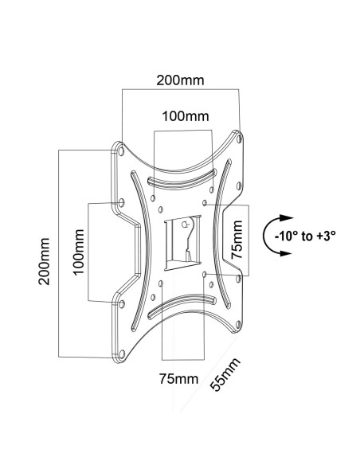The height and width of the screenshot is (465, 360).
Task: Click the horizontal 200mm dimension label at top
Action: (x=180, y=80)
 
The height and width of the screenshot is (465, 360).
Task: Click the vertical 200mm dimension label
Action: (x=44, y=261)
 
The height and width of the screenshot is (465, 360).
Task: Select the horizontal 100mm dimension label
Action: (x=186, y=116)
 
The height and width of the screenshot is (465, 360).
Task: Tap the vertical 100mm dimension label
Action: (x=79, y=252)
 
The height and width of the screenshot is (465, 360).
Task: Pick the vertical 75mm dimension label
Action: (x=237, y=240)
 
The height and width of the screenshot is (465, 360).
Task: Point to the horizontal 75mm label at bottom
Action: (x=179, y=379)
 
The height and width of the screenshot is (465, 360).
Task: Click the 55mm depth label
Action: (x=225, y=374)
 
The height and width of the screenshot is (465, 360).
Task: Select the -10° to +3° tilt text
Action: (x=305, y=236)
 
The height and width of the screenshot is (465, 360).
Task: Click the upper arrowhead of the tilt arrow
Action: (x=286, y=217)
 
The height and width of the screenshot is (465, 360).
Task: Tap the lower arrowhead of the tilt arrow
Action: (x=286, y=253)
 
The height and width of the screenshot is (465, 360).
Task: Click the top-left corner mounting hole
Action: (x=121, y=151)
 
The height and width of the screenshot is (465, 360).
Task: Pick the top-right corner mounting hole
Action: (x=240, y=139)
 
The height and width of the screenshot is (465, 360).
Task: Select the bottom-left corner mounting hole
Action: (x=122, y=354)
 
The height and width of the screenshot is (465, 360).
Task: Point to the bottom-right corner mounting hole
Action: (x=238, y=325)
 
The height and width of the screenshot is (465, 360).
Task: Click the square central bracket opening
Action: (x=182, y=243)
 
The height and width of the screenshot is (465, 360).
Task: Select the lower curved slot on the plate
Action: (x=182, y=306)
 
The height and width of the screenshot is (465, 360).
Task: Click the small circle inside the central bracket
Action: (x=186, y=225)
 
